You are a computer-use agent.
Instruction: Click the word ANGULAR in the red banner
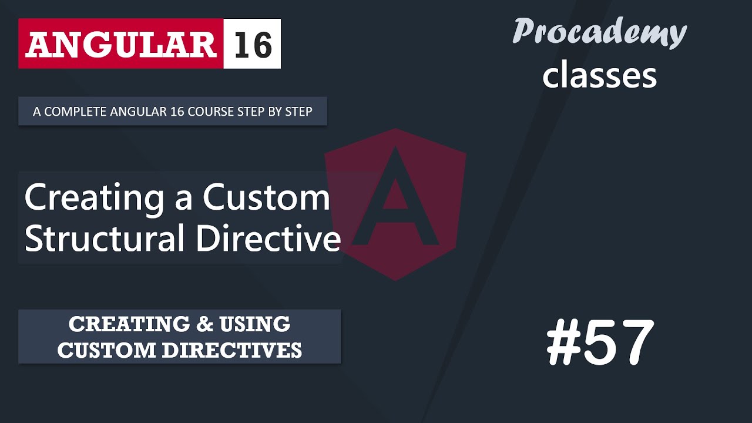tap(120, 44)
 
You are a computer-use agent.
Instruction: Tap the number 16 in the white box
tap(253, 44)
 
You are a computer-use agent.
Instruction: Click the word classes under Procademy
tap(599, 76)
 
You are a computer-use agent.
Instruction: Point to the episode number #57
tap(600, 343)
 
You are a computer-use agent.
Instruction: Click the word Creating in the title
tap(94, 199)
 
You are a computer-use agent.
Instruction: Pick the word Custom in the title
tap(266, 197)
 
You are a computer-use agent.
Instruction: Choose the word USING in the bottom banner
tap(255, 324)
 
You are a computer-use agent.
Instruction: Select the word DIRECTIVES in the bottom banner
tap(232, 350)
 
